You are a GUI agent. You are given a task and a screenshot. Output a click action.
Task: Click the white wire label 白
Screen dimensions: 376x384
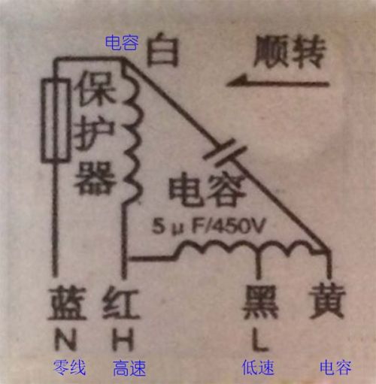point(163,50)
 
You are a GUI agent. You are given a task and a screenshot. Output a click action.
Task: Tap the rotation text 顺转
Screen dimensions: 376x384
point(290,52)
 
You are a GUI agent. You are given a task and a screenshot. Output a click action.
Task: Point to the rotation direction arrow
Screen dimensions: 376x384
point(277,83)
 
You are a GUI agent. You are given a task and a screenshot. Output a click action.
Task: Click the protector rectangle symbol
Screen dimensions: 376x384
point(56,120)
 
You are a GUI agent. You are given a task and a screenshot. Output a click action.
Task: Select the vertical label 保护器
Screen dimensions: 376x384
point(95,132)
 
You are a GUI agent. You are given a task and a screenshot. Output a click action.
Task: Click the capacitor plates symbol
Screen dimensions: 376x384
point(225,153)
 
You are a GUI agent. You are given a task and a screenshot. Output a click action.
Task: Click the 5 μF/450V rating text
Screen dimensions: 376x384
point(208,226)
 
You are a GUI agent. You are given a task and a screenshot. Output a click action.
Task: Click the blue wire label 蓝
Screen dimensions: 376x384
point(67,304)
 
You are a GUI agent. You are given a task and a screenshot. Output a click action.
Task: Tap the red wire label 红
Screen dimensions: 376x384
point(121,304)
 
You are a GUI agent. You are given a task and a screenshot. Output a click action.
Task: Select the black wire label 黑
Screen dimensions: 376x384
point(261,303)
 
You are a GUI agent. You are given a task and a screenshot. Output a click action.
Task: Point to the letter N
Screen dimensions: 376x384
point(65,339)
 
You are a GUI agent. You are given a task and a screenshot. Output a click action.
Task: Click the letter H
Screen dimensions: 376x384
point(123,340)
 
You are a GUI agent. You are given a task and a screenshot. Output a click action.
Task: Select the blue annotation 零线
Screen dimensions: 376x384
point(69,367)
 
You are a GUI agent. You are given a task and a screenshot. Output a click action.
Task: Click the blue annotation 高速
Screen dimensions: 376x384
point(129,368)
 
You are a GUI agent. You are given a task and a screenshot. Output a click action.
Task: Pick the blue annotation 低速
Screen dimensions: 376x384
point(258,367)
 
